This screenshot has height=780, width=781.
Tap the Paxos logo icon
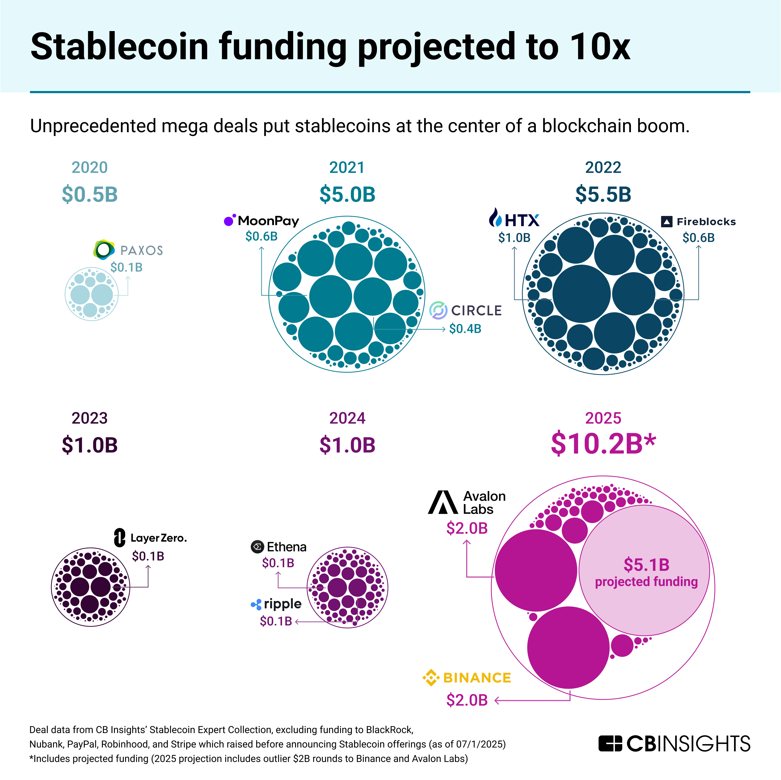click(104, 249)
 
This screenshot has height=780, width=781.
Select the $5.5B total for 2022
click(603, 194)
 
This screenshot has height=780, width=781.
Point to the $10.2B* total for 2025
click(603, 444)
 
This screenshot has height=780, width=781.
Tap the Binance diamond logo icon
click(431, 678)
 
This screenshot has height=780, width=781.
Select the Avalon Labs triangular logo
click(443, 502)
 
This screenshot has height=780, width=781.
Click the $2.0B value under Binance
click(467, 700)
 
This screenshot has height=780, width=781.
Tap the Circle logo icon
click(438, 310)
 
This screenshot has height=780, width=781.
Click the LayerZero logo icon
click(120, 538)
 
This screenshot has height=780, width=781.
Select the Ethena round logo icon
click(257, 547)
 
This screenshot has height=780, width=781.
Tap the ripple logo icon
click(256, 604)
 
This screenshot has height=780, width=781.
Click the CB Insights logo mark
click(610, 744)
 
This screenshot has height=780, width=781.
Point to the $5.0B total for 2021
click(347, 194)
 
